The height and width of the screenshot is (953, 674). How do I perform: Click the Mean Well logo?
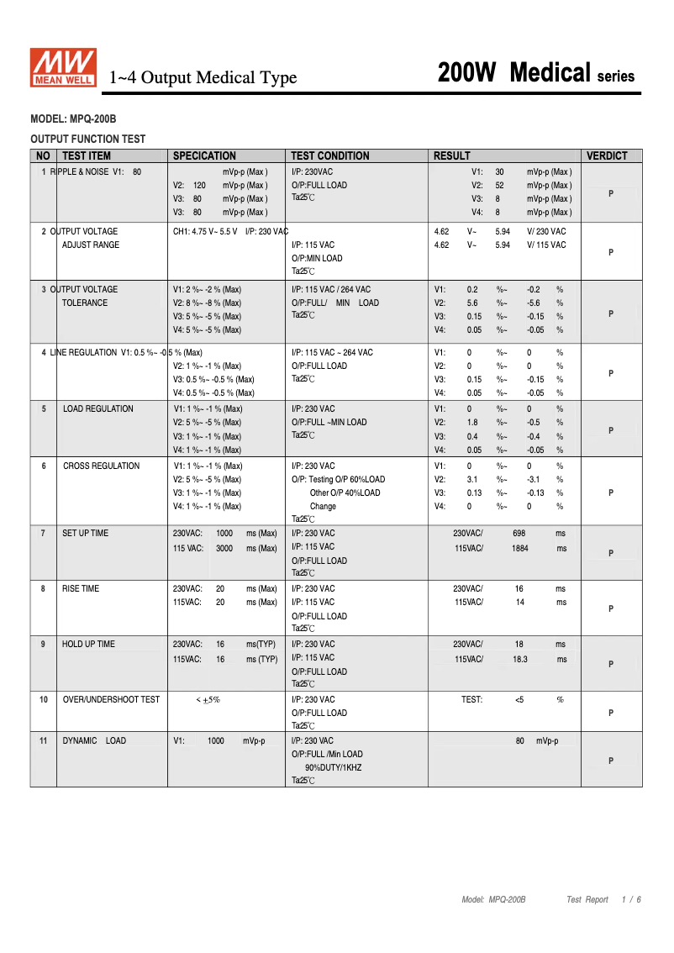coord(64,68)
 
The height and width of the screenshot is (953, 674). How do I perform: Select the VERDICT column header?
coord(607,155)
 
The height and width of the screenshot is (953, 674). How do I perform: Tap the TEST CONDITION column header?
coord(330,155)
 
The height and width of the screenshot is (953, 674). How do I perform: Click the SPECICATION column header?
coord(204,155)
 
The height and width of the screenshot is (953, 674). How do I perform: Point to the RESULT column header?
coord(452,155)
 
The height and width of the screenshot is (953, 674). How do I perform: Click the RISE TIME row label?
coord(81,589)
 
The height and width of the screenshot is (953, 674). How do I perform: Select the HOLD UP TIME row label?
coord(88,645)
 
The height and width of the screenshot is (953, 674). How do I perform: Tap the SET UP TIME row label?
coord(85,534)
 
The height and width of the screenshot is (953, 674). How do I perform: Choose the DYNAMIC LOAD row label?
coord(94,741)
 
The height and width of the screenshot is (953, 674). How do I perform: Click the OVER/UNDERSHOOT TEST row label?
coord(111,700)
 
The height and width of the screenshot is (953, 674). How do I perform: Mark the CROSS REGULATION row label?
coord(101,466)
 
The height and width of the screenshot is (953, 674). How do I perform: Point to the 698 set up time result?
coord(519,534)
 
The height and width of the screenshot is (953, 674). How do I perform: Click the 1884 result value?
coord(520,549)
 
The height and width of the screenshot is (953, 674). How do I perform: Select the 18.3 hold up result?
coord(520,660)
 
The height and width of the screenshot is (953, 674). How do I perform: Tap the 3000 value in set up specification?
coord(224,549)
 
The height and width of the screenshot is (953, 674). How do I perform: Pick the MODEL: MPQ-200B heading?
coord(73,120)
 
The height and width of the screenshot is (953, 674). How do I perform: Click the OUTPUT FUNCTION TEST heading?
coord(87,140)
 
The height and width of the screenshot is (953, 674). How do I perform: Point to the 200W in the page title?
coord(467,74)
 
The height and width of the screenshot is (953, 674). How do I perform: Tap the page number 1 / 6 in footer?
coord(631,900)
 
